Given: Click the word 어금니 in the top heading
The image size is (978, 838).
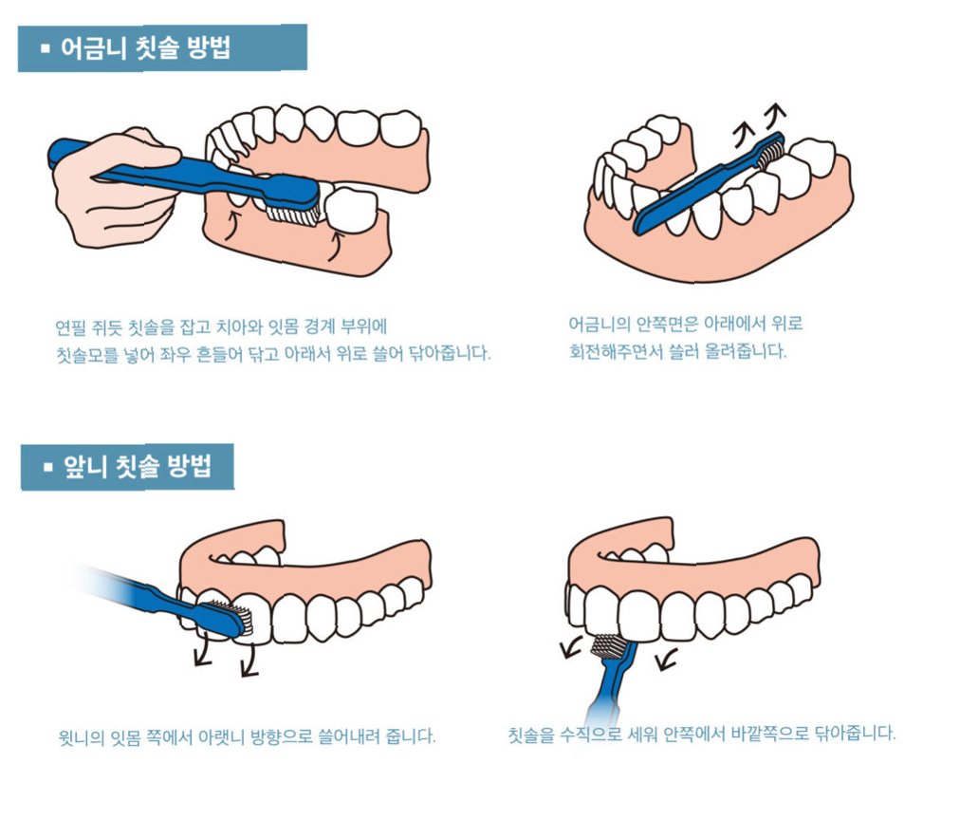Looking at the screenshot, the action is [x=93, y=48].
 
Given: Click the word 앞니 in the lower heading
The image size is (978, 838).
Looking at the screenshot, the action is [x=84, y=467].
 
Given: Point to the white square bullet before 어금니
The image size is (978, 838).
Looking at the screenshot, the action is [x=45, y=48].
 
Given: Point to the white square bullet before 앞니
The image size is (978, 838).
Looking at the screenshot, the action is [x=48, y=467].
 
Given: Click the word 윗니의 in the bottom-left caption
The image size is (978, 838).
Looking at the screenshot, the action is [x=81, y=737].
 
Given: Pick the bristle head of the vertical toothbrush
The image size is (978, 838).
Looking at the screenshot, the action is [x=607, y=646].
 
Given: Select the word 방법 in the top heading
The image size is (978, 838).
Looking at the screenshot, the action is [x=210, y=48].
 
